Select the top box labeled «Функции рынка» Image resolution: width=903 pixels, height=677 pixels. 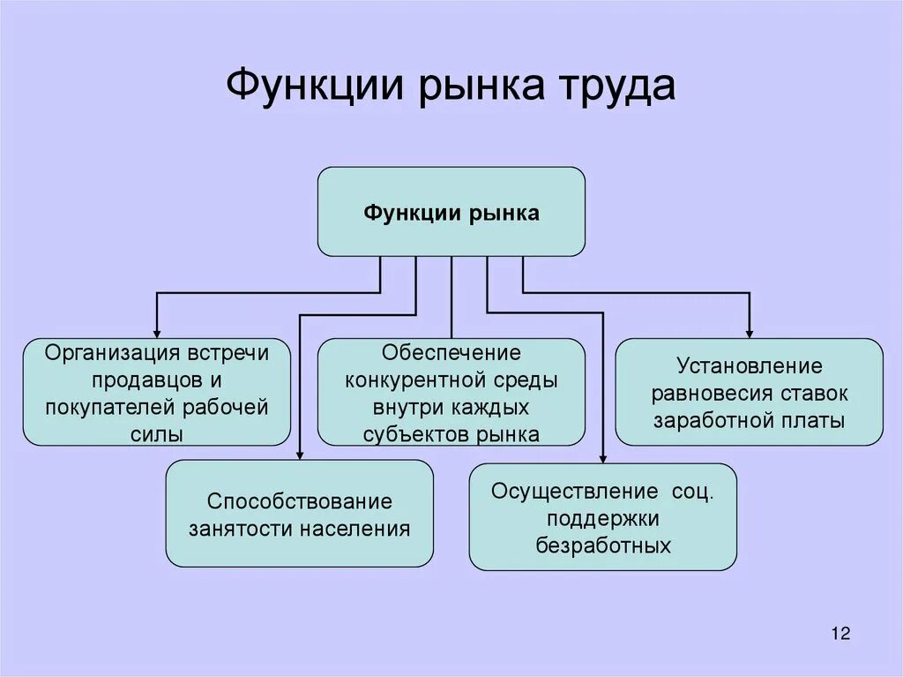click(451, 213)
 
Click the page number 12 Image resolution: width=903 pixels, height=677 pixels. click(840, 633)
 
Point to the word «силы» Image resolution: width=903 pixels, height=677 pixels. click(156, 433)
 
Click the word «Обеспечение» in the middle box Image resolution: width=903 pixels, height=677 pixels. click(451, 353)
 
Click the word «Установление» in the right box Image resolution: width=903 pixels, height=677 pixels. click(749, 365)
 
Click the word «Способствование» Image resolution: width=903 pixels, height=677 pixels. click(299, 501)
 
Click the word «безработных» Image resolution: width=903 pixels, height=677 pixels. click(603, 545)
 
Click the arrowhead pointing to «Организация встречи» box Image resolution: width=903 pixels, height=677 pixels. click(156, 331)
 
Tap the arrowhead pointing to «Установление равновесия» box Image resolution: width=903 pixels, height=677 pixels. click(749, 331)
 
